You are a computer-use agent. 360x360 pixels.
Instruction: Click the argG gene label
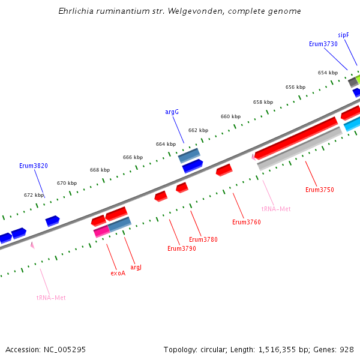click(x=172, y=112)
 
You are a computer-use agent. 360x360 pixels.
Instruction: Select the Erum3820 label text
click(x=34, y=166)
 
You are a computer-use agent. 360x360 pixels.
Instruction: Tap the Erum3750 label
click(x=319, y=190)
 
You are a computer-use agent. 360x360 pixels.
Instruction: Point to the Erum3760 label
click(x=246, y=222)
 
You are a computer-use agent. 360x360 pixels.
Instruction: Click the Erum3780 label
click(x=203, y=239)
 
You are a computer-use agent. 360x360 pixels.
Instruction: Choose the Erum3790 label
click(x=181, y=248)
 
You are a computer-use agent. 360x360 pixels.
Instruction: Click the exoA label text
click(x=118, y=273)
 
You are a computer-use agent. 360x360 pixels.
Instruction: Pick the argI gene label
click(x=136, y=267)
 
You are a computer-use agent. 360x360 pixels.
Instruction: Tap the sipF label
click(x=343, y=35)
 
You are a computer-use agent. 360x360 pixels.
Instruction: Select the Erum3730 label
click(x=323, y=44)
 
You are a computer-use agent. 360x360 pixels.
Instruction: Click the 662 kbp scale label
click(x=198, y=130)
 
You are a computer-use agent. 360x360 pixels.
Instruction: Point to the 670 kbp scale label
click(x=67, y=183)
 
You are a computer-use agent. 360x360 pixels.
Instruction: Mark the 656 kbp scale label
click(x=295, y=87)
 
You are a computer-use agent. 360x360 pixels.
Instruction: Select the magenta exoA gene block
click(x=101, y=230)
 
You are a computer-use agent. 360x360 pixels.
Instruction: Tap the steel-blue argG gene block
click(x=189, y=155)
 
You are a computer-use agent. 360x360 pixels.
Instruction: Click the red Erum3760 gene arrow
click(x=224, y=170)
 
